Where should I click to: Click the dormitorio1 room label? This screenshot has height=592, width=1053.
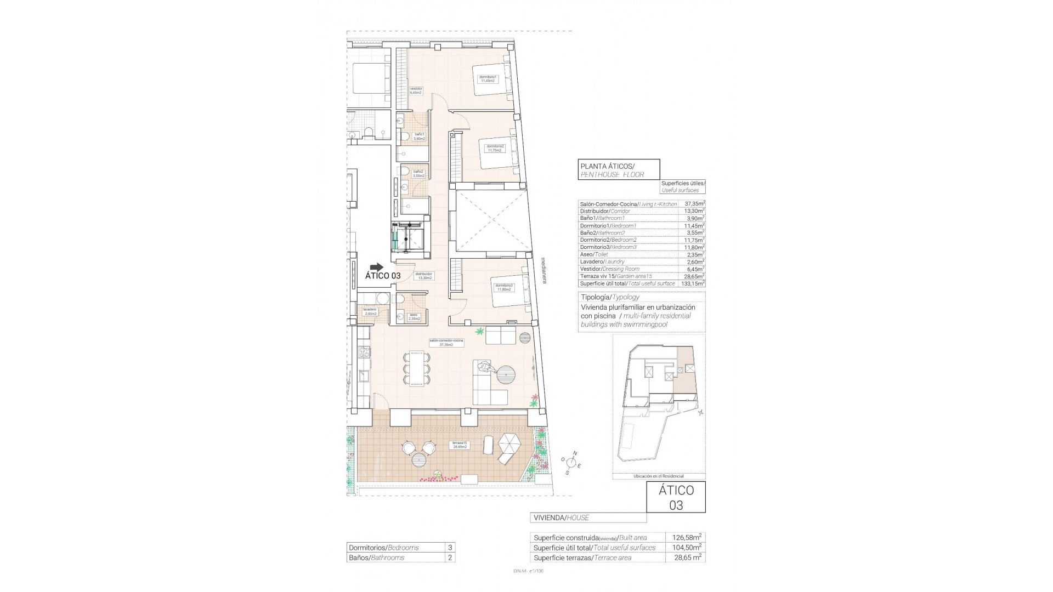[488, 78]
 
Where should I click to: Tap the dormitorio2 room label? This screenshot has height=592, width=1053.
[495, 148]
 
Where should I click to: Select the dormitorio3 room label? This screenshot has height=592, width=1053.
[503, 287]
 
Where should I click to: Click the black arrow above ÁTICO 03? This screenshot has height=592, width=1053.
[377, 266]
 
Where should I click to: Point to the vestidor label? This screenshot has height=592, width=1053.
[416, 90]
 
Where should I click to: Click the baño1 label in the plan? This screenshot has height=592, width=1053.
[419, 136]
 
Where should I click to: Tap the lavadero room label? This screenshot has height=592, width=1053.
[369, 311]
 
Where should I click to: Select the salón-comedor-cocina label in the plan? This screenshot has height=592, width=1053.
[446, 343]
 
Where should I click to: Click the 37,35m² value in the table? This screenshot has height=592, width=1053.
[694, 204]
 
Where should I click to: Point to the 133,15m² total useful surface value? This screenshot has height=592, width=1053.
[693, 283]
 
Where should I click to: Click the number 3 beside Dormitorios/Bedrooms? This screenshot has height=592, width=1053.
[450, 547]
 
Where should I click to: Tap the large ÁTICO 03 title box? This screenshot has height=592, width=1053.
[676, 497]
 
